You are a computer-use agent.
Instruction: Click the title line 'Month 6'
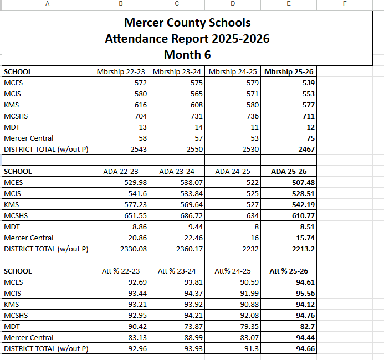(187, 55)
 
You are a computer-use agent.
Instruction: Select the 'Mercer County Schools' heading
(187, 23)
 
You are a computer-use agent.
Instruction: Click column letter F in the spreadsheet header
(344, 4)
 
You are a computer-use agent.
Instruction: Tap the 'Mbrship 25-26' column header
(290, 72)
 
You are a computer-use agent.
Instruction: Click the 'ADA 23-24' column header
(176, 172)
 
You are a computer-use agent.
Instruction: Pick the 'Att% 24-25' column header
(233, 271)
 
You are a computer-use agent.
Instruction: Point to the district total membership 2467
(305, 150)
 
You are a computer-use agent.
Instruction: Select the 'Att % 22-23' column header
(121, 271)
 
